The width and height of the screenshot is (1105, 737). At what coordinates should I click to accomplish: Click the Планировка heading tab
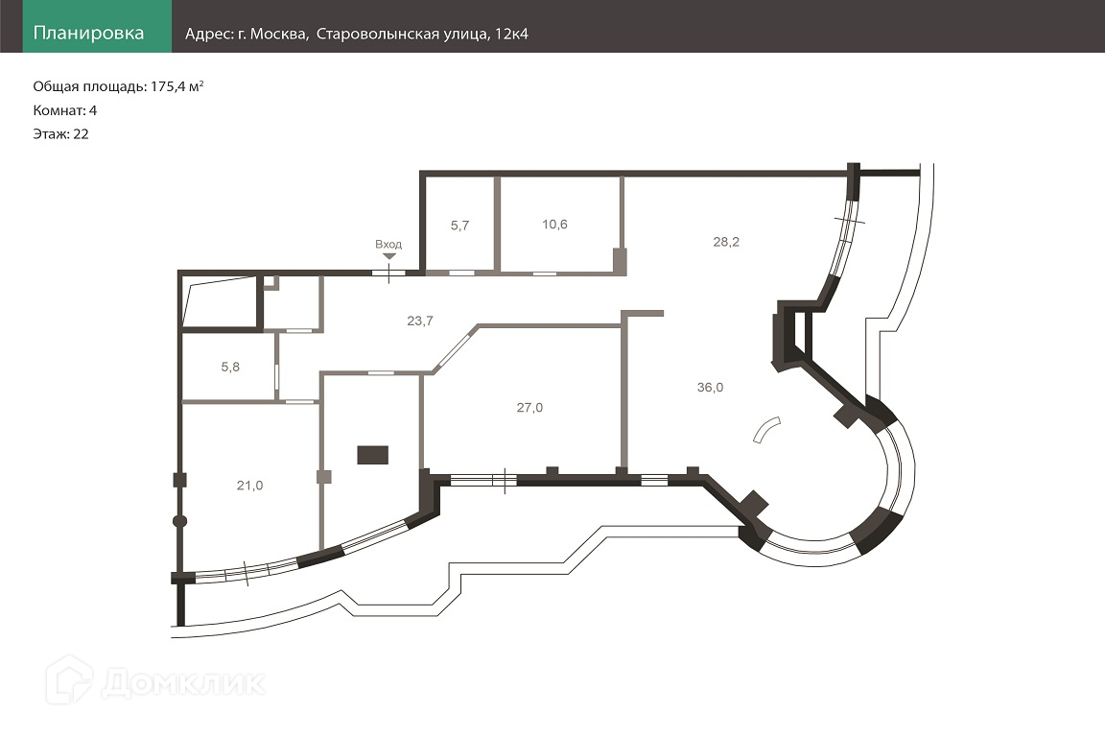click(x=88, y=34)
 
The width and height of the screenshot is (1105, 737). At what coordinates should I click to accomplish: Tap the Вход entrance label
click(x=388, y=245)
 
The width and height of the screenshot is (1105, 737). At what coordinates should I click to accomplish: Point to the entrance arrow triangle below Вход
click(x=388, y=256)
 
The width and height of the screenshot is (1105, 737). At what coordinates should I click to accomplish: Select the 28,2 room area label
click(x=726, y=242)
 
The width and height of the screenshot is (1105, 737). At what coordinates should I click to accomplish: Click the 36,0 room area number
click(x=710, y=388)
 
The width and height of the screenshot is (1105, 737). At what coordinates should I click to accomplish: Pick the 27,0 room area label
click(x=529, y=407)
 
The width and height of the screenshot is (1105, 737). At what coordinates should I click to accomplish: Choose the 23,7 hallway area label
click(x=419, y=321)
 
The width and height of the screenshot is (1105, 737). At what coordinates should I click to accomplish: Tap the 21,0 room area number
click(x=249, y=486)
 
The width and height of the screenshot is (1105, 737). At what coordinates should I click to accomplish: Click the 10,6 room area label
click(x=554, y=225)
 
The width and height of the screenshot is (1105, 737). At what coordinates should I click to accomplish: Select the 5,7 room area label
click(x=459, y=226)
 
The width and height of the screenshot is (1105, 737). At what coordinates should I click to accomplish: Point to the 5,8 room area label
click(x=230, y=366)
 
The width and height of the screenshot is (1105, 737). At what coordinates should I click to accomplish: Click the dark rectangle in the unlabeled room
click(x=372, y=455)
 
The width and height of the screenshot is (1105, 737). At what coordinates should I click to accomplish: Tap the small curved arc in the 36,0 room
click(x=766, y=431)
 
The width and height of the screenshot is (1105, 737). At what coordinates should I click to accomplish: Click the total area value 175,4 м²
click(x=177, y=86)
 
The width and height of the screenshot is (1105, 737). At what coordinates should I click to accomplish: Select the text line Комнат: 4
click(x=65, y=110)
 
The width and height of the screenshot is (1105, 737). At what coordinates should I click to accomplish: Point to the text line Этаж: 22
click(x=61, y=134)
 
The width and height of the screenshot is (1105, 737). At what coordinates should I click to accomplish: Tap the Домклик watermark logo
click(x=158, y=681)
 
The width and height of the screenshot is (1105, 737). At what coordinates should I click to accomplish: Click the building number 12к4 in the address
click(x=510, y=35)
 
